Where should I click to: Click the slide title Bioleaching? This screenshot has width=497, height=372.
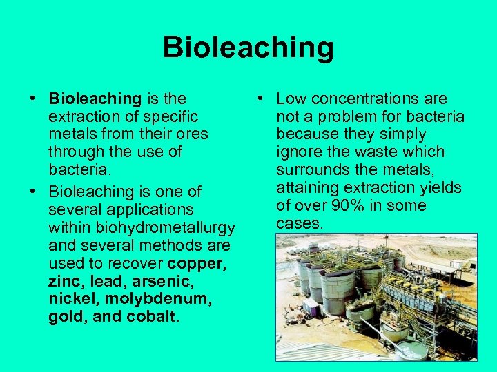(248, 48)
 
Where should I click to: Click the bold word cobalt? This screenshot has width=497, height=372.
(153, 317)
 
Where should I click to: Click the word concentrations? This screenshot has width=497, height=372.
(369, 99)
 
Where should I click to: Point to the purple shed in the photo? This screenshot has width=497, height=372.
(311, 307)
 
